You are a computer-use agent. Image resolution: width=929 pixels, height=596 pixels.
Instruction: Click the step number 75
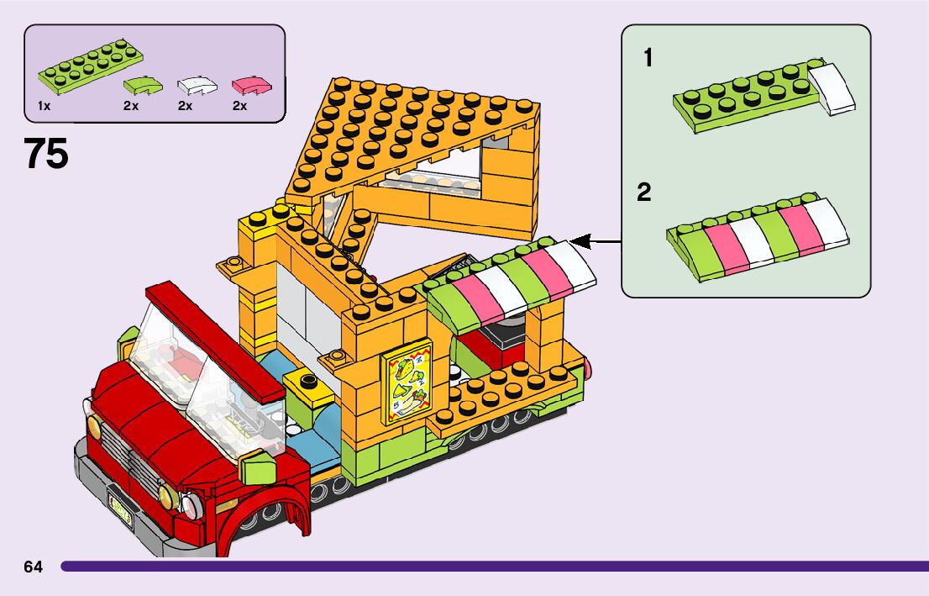tap(46, 155)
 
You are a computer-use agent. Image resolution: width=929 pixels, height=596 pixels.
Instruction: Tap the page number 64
tap(33, 567)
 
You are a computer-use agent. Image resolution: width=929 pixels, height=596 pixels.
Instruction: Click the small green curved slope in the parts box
tap(143, 85)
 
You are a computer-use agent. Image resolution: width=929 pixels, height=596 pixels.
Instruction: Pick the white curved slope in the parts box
tap(197, 85)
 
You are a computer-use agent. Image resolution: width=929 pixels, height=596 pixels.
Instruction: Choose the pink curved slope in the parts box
tap(251, 84)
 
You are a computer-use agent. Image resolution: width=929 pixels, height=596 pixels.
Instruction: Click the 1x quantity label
tap(45, 107)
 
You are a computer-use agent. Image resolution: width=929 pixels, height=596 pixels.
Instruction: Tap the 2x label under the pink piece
tap(239, 107)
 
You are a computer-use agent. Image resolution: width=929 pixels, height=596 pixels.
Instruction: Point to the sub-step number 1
tap(648, 58)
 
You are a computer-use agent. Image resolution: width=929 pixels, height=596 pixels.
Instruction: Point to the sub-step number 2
tap(644, 193)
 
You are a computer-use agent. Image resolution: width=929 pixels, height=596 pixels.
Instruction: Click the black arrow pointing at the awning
tap(601, 243)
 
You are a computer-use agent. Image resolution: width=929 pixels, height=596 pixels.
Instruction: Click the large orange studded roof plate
tap(412, 134)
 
